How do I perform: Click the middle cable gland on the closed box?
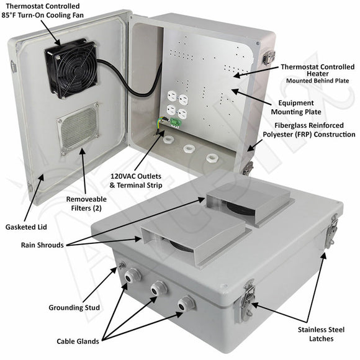(156, 289)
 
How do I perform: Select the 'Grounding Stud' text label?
(74, 308)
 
